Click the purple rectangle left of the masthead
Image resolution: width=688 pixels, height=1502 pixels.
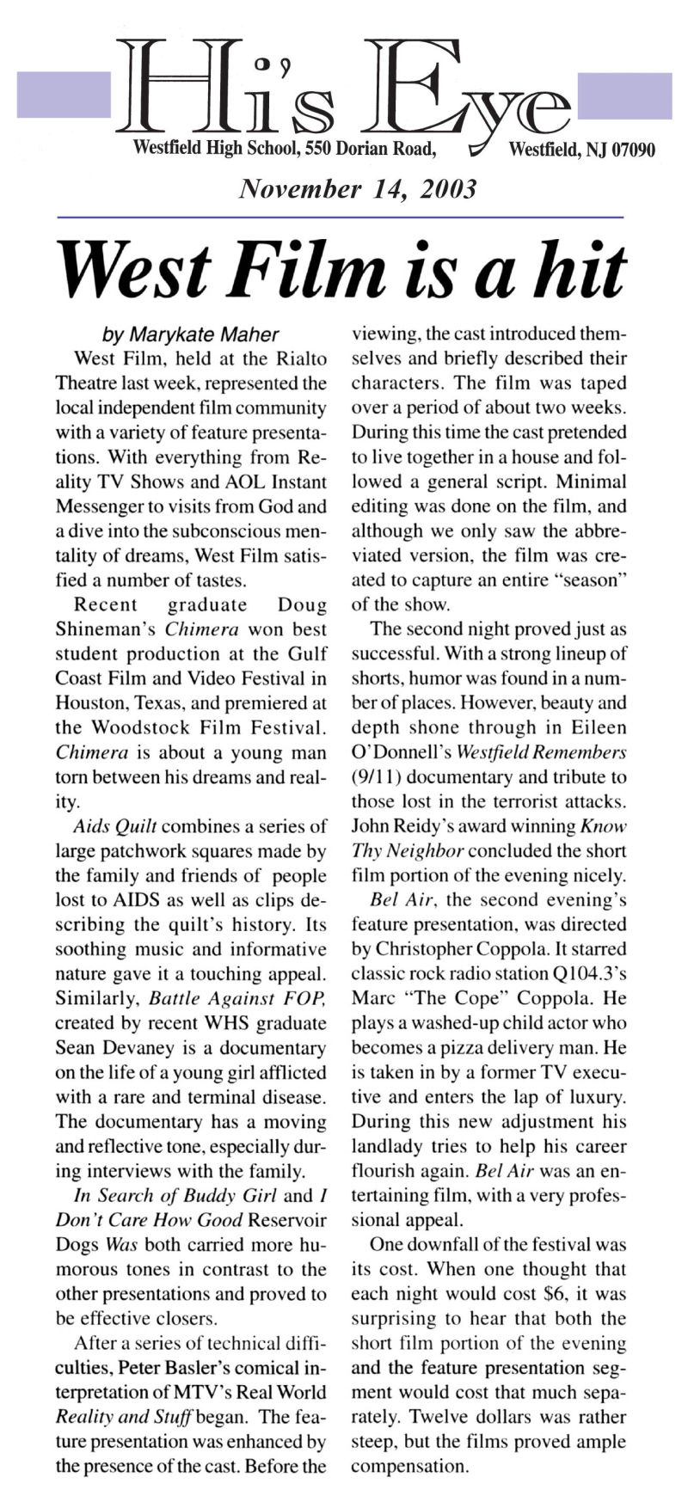coord(64,95)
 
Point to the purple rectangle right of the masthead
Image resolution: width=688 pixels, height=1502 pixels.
coord(624,95)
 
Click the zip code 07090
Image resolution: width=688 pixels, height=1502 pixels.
coord(633,150)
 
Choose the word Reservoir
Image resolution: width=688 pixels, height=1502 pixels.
coord(288,1220)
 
